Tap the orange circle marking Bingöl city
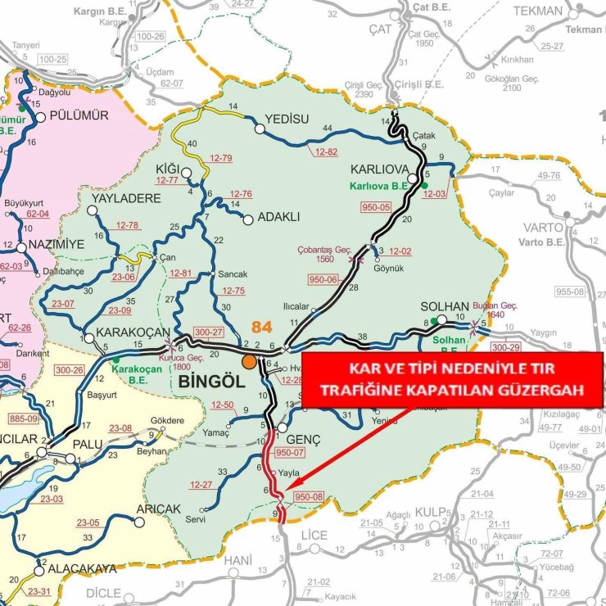248,361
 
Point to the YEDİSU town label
287,119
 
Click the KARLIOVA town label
379,170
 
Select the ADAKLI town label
279,217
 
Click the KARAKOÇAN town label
131,332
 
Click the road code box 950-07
290,452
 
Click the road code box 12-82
323,152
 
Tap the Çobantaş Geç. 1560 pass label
325,255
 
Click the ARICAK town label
158,509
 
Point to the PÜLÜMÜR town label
79,115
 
